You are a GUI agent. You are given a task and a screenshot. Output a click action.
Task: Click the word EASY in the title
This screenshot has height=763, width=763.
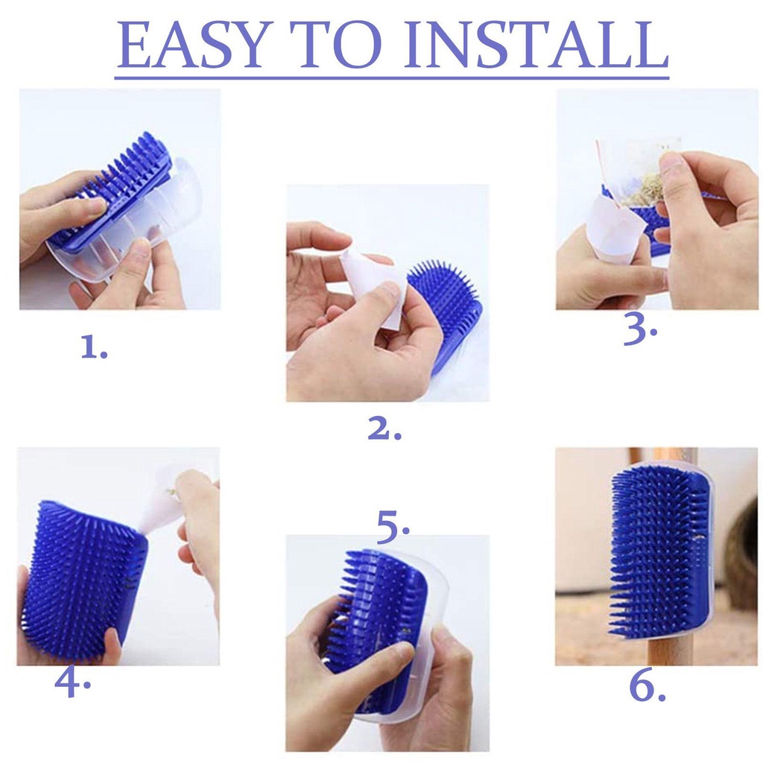tap(191, 45)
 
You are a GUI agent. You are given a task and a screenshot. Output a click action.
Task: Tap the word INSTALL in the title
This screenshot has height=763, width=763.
tap(536, 45)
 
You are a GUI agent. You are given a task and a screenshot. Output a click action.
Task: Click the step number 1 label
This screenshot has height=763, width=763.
tap(94, 347)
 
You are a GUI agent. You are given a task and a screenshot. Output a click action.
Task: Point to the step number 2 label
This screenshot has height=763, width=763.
tap(384, 428)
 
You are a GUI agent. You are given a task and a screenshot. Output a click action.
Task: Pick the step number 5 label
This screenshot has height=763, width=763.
tap(393, 527)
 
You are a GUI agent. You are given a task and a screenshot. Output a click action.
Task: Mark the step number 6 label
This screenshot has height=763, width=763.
tap(648, 687)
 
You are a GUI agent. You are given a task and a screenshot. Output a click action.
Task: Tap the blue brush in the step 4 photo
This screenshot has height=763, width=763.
tap(83, 578)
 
